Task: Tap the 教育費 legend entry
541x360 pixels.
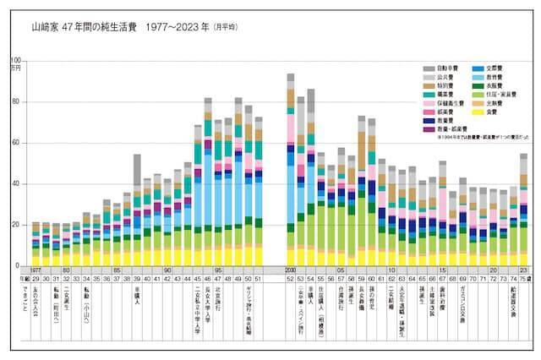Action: (x=494, y=77)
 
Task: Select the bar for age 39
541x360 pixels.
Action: (x=137, y=210)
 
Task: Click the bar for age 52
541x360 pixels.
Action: (x=291, y=169)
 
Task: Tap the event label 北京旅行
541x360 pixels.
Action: (x=218, y=300)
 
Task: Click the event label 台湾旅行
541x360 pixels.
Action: (x=342, y=300)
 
